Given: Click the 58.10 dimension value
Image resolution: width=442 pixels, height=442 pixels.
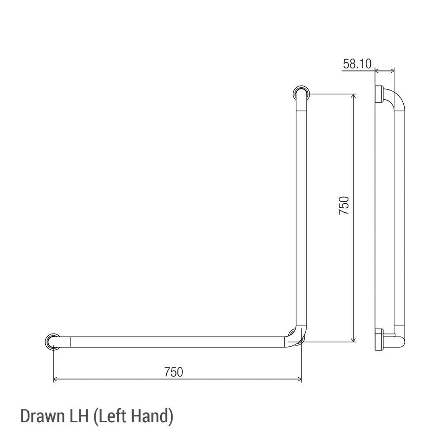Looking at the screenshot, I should [x=357, y=64].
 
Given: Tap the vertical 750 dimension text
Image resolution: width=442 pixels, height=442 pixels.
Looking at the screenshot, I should [x=344, y=206].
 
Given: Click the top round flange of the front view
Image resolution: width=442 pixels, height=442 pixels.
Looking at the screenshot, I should [x=301, y=94].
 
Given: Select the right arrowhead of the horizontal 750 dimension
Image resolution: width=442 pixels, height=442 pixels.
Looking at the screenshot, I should [x=299, y=379].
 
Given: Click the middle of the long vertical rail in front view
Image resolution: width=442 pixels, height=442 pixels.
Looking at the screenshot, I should [x=300, y=214].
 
